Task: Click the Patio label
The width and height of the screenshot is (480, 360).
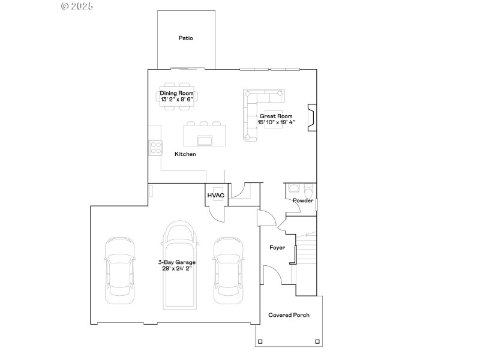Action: (x=185, y=38)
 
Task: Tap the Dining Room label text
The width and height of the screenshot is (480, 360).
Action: (x=176, y=94)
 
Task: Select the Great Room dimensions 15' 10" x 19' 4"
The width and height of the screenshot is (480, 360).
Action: (x=276, y=122)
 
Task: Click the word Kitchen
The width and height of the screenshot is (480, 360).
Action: (x=185, y=154)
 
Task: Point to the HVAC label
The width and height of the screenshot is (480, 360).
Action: (x=216, y=196)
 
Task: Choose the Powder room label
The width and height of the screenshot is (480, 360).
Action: (x=302, y=200)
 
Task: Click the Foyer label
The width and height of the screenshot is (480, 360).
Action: (x=277, y=247)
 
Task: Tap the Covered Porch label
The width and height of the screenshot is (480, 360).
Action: (x=289, y=315)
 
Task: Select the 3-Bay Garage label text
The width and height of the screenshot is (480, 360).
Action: (x=176, y=262)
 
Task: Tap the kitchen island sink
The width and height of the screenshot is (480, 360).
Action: (x=205, y=140)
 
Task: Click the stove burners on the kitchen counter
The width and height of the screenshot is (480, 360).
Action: (x=155, y=147)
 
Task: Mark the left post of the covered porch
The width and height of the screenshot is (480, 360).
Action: (x=260, y=342)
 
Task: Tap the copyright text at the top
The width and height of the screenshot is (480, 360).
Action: (x=77, y=6)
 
